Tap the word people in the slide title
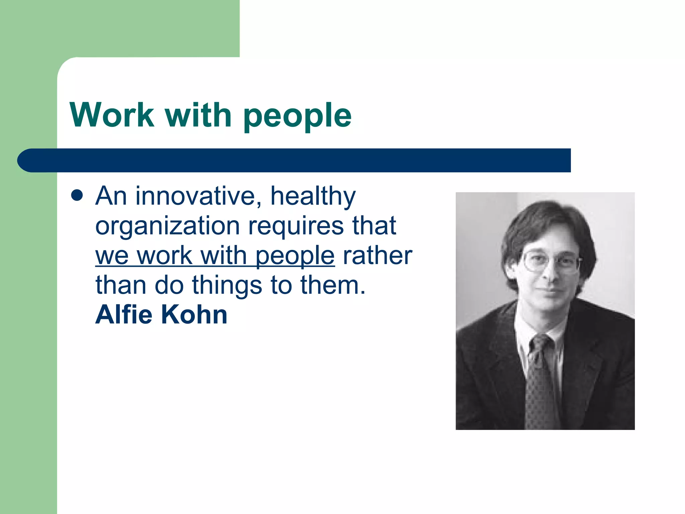click(x=297, y=116)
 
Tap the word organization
click(x=168, y=227)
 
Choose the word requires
click(x=296, y=227)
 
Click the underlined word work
click(x=165, y=256)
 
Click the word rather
click(x=378, y=256)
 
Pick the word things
click(x=227, y=286)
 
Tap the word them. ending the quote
click(x=333, y=285)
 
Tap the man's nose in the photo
click(x=547, y=273)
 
